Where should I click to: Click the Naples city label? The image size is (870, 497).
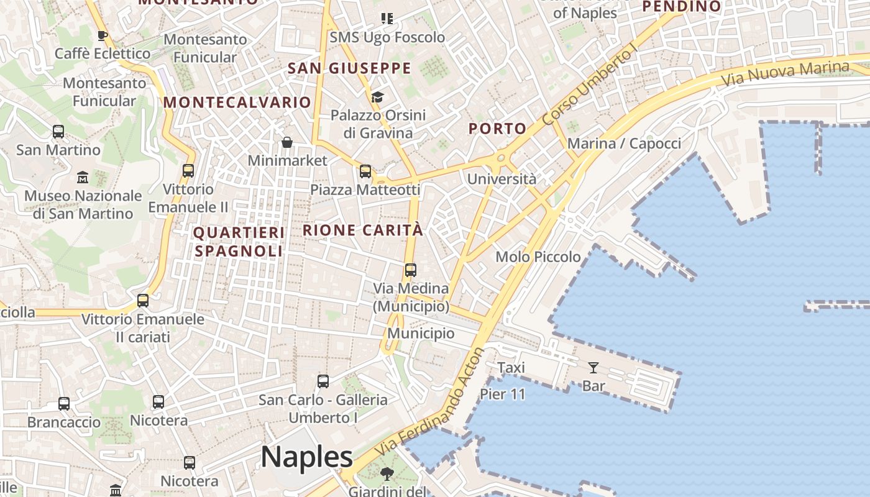click(307, 457)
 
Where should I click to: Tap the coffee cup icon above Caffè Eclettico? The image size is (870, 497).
click(103, 35)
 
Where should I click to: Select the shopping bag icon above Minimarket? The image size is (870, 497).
click(287, 142)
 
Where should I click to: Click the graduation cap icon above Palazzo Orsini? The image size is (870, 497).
click(377, 97)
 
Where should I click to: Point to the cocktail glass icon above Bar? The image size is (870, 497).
click(593, 367)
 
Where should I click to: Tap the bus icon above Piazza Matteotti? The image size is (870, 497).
click(365, 171)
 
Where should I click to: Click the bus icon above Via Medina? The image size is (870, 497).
click(410, 270)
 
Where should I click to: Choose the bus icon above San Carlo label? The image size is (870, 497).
click(323, 381)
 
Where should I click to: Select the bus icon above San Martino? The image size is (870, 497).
click(58, 132)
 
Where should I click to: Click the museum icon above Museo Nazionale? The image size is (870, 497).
click(83, 178)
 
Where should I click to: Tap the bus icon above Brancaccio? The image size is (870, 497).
click(64, 404)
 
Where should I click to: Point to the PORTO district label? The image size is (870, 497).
click(497, 129)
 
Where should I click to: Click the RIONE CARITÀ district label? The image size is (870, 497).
click(363, 230)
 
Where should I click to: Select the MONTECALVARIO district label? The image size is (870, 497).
click(237, 103)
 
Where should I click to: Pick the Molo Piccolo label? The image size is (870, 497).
click(538, 257)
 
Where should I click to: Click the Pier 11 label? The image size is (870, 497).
click(503, 394)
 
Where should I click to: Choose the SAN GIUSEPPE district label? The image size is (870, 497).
click(349, 68)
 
